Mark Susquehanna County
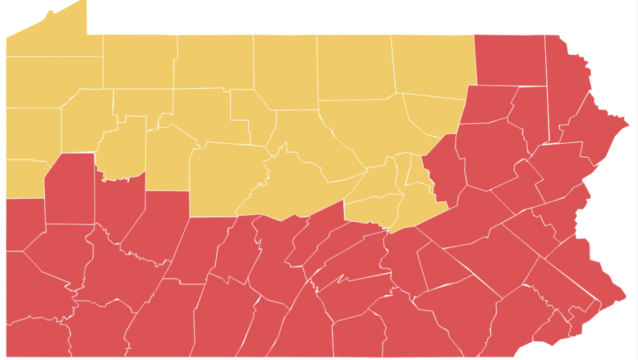pos(510,59)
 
